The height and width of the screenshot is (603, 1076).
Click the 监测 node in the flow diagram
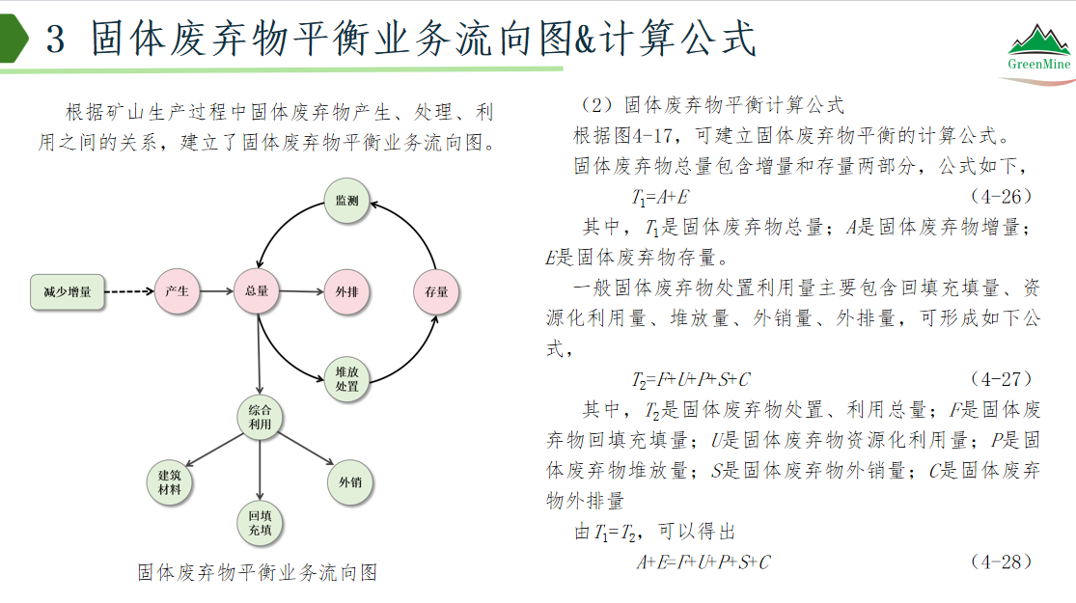click(346, 201)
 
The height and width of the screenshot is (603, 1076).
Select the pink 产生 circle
click(177, 291)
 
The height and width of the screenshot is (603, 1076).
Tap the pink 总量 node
click(257, 291)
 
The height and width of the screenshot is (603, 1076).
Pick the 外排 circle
click(346, 292)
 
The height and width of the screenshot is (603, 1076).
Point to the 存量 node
click(436, 292)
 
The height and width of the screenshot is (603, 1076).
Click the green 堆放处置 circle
click(346, 379)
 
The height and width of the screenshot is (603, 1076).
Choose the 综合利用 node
click(260, 417)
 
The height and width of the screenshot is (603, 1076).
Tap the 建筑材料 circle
click(170, 482)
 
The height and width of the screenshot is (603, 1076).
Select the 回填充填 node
click(261, 523)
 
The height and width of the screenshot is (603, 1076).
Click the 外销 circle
click(350, 482)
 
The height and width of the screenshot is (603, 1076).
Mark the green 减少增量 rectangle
click(68, 292)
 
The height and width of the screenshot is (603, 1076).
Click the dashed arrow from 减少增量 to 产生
click(129, 291)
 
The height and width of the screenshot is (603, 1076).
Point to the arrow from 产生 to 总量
click(217, 291)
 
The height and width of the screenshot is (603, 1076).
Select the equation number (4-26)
click(1001, 197)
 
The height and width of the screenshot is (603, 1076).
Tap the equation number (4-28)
click(1001, 562)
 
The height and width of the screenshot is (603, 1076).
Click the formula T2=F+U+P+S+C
click(691, 379)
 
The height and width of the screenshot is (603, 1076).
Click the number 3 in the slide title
click(56, 39)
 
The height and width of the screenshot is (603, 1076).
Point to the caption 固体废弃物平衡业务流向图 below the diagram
click(258, 572)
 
